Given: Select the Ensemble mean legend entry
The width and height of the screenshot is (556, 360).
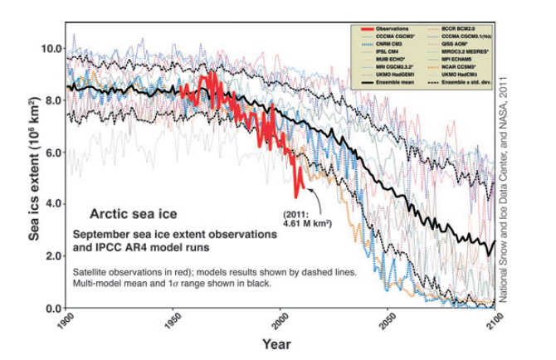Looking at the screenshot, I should pyautogui.click(x=393, y=82).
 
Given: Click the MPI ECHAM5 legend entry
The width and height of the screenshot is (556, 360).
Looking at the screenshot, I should pyautogui.click(x=454, y=59).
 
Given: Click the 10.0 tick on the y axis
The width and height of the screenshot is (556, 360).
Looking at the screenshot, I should pyautogui.click(x=51, y=48).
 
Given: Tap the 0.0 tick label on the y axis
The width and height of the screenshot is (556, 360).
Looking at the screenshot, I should pyautogui.click(x=53, y=309).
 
